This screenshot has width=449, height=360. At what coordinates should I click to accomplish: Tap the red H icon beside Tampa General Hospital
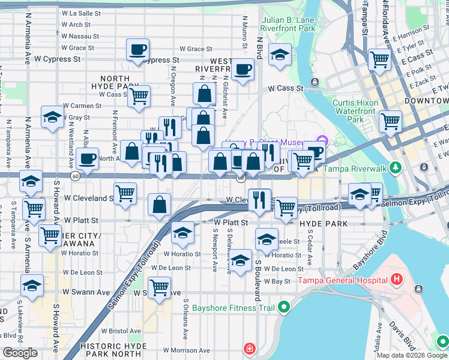(396, 280)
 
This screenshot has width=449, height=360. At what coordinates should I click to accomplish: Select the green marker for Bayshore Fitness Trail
(284, 308)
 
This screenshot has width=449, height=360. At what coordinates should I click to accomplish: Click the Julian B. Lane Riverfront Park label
(288, 24)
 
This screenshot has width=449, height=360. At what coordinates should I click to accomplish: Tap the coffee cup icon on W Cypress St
(137, 49)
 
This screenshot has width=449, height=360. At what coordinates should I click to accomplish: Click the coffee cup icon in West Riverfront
(243, 69)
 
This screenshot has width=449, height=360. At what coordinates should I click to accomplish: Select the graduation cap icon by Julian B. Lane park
(279, 55)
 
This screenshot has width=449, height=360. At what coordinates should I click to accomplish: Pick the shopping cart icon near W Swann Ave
(159, 288)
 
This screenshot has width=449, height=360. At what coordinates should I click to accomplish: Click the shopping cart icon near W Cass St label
(139, 96)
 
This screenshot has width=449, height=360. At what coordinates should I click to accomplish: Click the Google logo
(20, 353)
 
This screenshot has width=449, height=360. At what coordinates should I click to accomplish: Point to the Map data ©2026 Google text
(412, 355)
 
